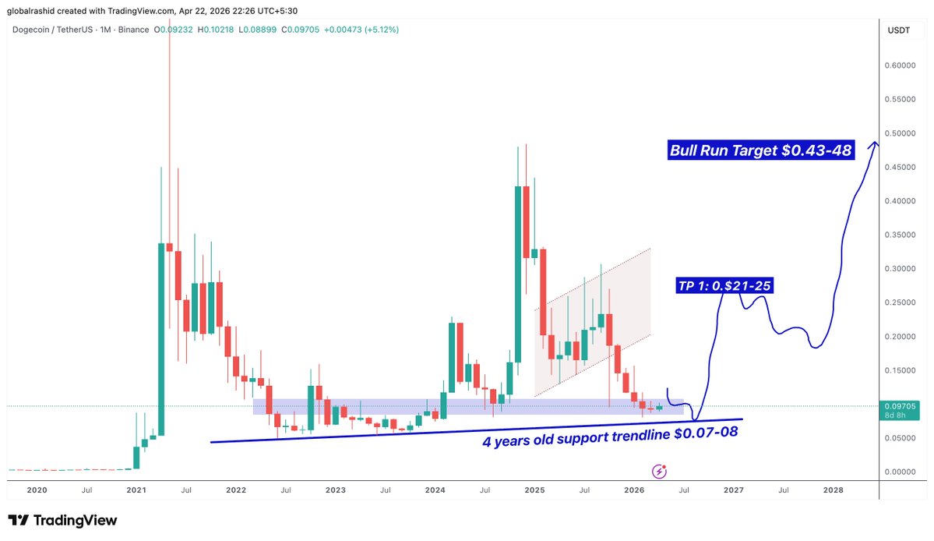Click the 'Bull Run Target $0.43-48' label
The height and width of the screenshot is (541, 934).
coord(761,150)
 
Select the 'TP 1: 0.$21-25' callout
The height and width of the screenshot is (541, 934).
coord(725,286)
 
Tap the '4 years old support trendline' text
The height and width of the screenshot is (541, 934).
coord(609,433)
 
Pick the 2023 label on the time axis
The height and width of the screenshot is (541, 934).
coord(336,490)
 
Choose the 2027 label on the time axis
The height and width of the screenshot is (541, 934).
coord(733,490)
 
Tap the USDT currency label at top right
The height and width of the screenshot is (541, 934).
coord(898,30)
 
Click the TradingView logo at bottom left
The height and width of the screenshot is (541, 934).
coord(62,521)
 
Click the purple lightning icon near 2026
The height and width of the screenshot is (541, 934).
coord(660,470)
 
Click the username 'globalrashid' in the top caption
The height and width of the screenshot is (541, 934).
coord(33,10)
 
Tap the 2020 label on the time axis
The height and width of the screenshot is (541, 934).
coord(37,490)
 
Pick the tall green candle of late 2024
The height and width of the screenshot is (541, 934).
coord(518,273)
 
